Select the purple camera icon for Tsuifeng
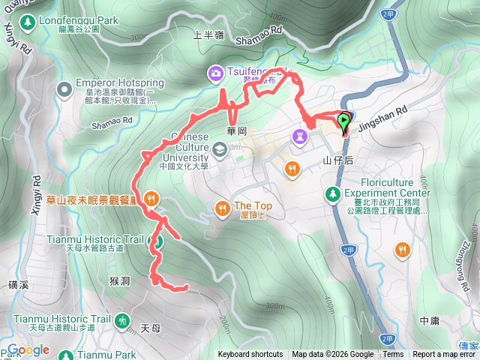(215, 72)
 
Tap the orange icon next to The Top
(222, 207)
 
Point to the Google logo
(28, 349)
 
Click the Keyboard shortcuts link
(250, 355)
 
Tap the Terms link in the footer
(393, 355)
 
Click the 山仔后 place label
(338, 160)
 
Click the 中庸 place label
(430, 320)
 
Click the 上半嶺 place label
(209, 34)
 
